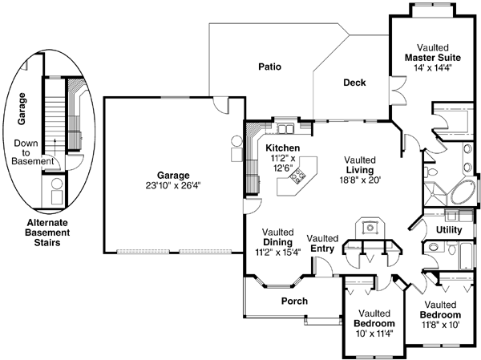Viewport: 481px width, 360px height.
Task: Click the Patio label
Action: point(269,67)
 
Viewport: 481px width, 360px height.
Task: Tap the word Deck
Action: point(354,83)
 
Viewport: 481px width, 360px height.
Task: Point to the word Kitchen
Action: point(283,148)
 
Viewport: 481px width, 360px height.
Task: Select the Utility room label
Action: point(449,230)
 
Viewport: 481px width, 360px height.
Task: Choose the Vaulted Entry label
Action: point(322,243)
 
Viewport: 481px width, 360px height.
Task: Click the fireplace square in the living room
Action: point(369,227)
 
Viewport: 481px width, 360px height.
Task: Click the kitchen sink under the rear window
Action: point(286,127)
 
